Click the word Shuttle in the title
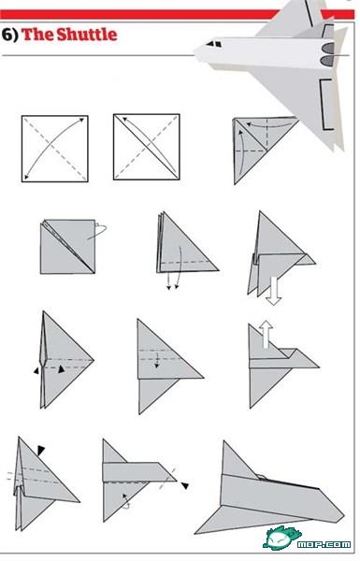pos(87,35)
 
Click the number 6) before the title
pos(9,35)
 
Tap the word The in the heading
pos(38,35)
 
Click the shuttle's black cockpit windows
pos(213,44)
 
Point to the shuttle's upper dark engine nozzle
pos(328,48)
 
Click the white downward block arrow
pos(274,291)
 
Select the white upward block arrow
pos(266,334)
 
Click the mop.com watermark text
pos(324,544)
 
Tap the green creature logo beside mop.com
pos(280,537)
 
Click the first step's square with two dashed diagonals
pos(55,149)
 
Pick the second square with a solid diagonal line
pos(147,147)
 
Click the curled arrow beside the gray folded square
pos(98,231)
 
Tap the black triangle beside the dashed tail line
pos(184,485)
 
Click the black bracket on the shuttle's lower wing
pos(325,104)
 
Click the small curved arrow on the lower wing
pos(126,501)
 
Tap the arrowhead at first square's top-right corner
pos(82,121)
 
